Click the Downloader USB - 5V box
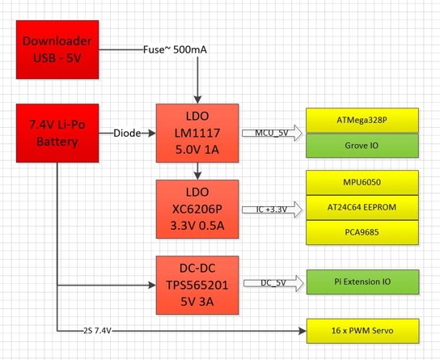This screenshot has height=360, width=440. point(57,49)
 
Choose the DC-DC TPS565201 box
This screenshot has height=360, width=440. point(197,284)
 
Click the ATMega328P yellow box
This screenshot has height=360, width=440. point(362,121)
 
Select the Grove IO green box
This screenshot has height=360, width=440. point(362,146)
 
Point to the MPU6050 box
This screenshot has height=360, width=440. point(362,182)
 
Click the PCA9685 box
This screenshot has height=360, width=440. point(362,232)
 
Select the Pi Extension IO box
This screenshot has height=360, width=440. point(362,283)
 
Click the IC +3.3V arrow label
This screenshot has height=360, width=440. point(269,209)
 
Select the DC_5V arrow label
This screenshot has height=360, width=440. point(269,283)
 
